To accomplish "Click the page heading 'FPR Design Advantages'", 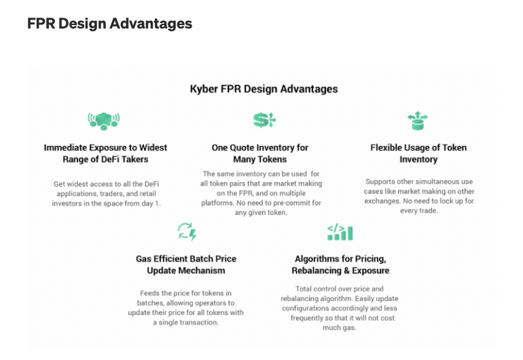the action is (110, 24).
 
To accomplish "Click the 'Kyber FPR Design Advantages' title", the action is (264, 89).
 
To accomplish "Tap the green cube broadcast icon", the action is (104, 121).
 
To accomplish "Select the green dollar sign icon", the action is (264, 120).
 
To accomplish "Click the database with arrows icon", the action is (418, 120).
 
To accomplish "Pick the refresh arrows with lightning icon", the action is (187, 232).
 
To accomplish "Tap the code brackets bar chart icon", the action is (340, 232).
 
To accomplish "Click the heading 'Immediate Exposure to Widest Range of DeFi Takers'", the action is (105, 154).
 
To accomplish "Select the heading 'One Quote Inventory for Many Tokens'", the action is (260, 154).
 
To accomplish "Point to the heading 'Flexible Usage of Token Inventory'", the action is (418, 154).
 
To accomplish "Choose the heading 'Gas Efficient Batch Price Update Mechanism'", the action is (186, 265).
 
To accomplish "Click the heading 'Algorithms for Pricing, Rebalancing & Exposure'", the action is (340, 265).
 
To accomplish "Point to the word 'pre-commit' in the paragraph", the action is (290, 203).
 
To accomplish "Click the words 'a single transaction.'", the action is (185, 323).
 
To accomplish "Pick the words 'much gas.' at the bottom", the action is (339, 328).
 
